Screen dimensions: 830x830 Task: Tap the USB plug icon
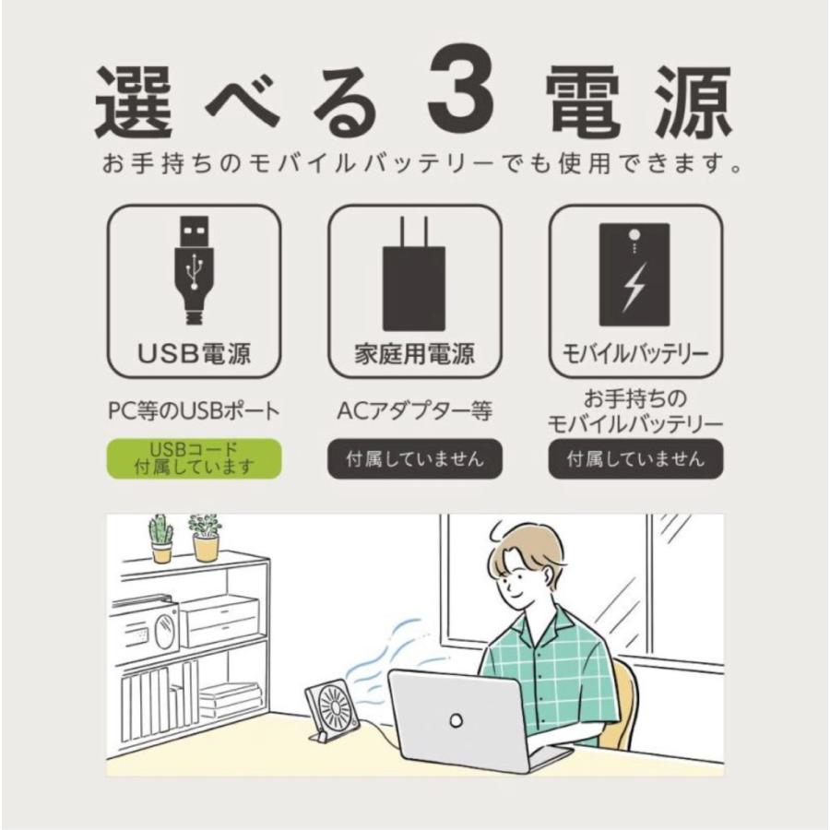(x=194, y=268)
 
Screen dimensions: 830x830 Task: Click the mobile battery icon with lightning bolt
(x=634, y=277)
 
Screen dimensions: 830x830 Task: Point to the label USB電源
(x=194, y=354)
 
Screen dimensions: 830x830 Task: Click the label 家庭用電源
(x=414, y=354)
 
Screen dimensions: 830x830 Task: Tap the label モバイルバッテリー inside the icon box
(x=635, y=354)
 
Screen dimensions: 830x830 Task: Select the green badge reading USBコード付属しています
(x=194, y=458)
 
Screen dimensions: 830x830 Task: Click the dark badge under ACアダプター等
(x=414, y=458)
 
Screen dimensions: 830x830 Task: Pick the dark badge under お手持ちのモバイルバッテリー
(x=635, y=458)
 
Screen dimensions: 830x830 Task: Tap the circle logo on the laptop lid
(x=456, y=718)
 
